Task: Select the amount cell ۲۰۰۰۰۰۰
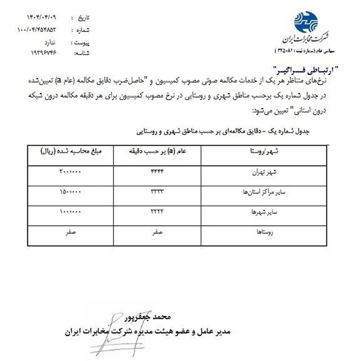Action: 70,172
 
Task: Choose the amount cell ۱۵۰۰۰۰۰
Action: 70,192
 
